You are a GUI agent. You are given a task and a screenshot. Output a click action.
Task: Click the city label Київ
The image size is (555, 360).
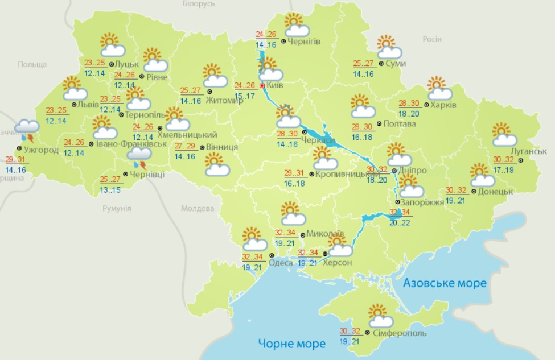(276, 85)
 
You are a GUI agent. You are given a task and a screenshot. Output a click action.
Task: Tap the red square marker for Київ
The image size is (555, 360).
(262, 85)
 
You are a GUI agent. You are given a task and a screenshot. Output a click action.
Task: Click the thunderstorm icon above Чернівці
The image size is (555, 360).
(139, 156)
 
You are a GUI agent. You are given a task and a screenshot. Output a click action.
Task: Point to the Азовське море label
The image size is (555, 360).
(445, 283)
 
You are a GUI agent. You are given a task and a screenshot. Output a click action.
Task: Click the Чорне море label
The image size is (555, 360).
(291, 343)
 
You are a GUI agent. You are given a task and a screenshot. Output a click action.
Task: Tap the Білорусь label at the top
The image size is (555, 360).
(199, 4)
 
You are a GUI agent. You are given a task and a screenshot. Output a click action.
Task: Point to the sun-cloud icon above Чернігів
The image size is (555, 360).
(297, 26)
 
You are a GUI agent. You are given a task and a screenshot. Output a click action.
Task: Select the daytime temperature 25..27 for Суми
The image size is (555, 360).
(364, 64)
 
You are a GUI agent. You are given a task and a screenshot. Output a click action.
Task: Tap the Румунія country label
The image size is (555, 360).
(117, 209)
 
